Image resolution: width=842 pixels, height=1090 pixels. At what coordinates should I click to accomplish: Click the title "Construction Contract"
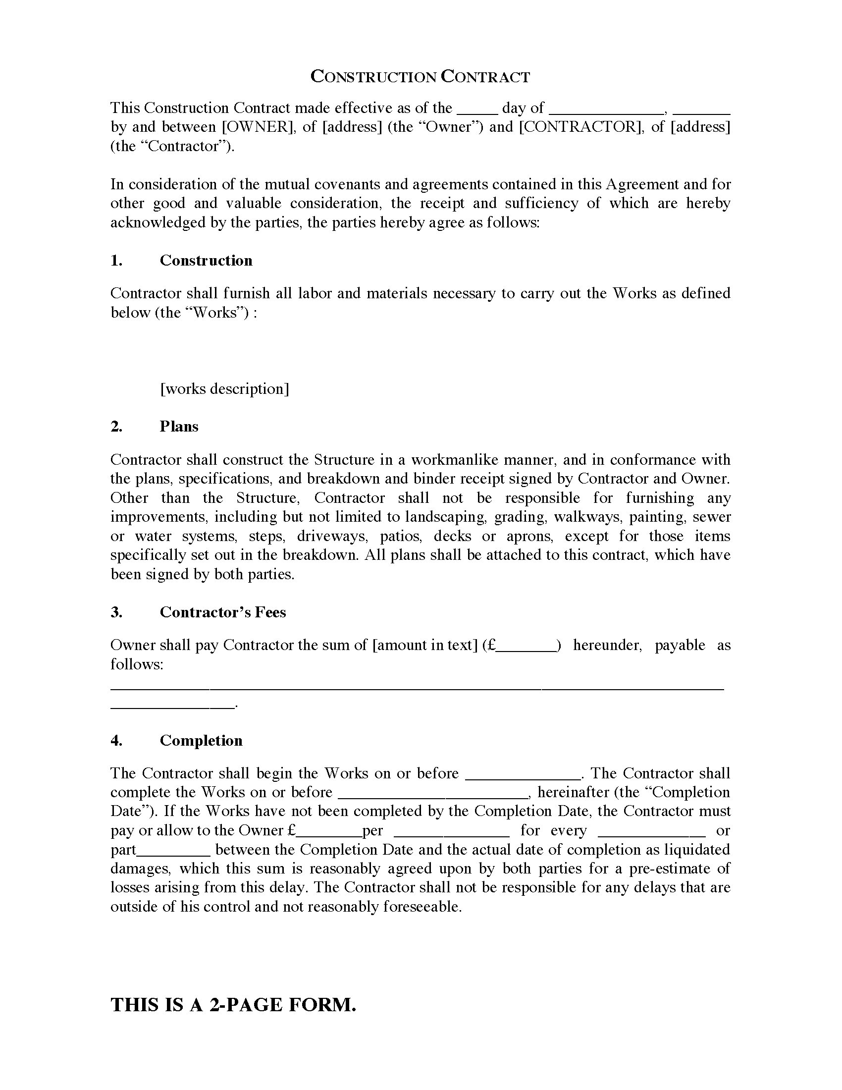pyautogui.click(x=420, y=76)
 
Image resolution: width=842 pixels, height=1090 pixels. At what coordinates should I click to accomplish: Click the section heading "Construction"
pyautogui.click(x=206, y=261)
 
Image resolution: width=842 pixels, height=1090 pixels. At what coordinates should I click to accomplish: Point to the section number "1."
pyautogui.click(x=116, y=261)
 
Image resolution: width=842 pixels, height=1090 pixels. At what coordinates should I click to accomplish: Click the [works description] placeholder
pyautogui.click(x=224, y=389)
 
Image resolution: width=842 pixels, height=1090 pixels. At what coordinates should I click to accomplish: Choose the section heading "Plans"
pyautogui.click(x=179, y=426)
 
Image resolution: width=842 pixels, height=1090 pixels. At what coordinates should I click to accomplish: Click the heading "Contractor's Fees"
pyautogui.click(x=223, y=612)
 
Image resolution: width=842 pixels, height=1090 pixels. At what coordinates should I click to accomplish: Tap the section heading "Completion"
pyautogui.click(x=201, y=740)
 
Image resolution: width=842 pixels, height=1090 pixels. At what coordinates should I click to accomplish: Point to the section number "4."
pyautogui.click(x=116, y=740)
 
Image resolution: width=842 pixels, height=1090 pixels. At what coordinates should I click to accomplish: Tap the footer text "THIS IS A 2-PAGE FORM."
pyautogui.click(x=233, y=1004)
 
